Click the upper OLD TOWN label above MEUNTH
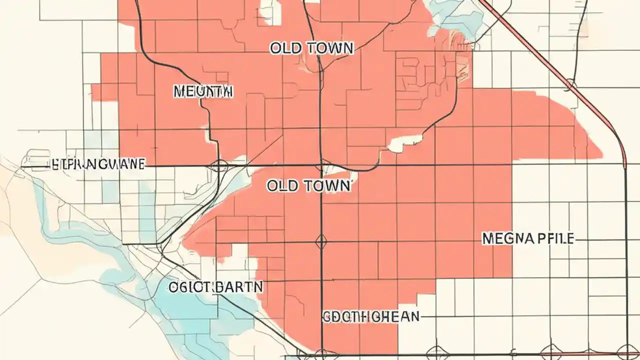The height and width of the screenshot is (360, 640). pos(312,48)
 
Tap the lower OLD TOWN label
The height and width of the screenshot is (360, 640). pos(308,186)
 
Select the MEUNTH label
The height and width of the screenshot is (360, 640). pos(203,91)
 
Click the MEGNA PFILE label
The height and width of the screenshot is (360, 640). pos(528,239)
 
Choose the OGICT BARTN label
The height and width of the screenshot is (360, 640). pos(215,287)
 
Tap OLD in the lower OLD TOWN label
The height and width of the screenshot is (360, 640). pos(282,186)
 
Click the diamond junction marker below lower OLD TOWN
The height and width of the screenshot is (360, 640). pos(321,242)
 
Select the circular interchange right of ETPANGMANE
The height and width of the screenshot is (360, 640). pos(219,165)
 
